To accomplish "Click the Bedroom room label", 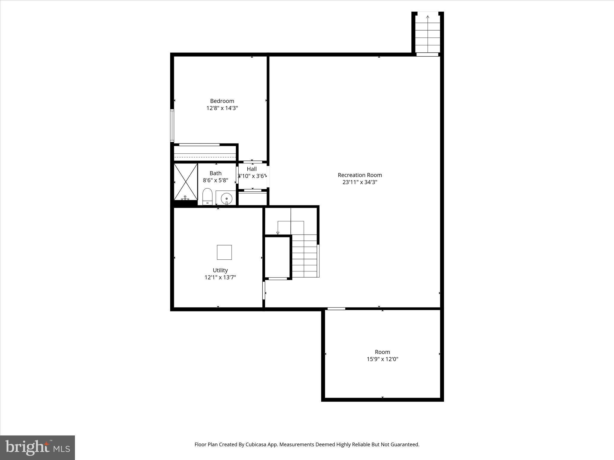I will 222,101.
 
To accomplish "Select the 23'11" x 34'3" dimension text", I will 359,182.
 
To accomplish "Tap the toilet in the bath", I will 207,196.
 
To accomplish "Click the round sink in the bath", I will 226,198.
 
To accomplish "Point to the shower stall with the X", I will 186,181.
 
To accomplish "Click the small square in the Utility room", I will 224,252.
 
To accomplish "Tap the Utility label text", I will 220,270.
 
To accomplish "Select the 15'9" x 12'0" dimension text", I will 382,359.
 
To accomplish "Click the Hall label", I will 252,169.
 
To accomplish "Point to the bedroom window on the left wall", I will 172,125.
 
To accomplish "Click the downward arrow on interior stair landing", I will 278,233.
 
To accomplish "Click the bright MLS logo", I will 37,447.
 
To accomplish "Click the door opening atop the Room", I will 336,308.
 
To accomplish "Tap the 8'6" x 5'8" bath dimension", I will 215,180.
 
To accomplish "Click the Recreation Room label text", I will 359,175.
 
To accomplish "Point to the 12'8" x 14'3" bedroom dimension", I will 222,108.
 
